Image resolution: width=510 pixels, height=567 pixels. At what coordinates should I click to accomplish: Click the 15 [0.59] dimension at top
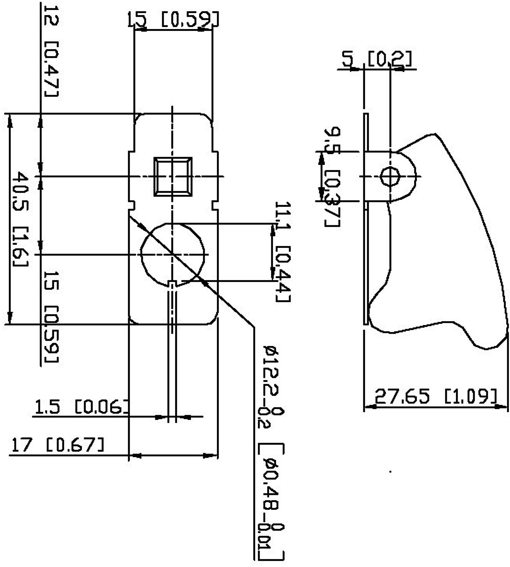pyautogui.click(x=173, y=20)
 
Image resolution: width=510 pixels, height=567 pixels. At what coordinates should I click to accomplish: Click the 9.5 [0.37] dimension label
pyautogui.click(x=332, y=177)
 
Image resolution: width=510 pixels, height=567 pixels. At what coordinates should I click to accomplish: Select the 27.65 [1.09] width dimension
pyautogui.click(x=435, y=397)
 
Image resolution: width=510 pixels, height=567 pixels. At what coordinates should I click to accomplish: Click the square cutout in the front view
pyautogui.click(x=173, y=176)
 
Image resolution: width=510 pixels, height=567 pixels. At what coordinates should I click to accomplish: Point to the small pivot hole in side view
pyautogui.click(x=390, y=177)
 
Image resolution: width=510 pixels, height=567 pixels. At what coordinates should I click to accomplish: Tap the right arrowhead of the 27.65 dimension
pyautogui.click(x=503, y=406)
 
